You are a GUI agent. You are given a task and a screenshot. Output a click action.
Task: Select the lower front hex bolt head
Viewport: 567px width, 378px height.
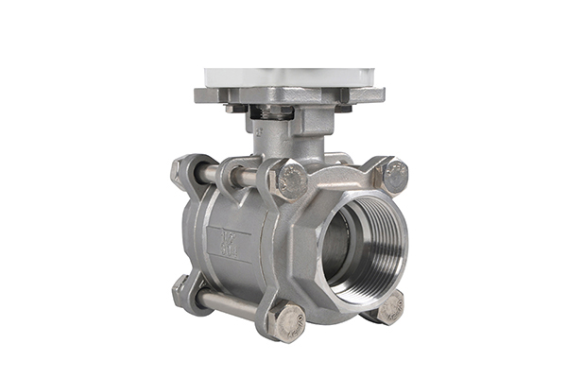(286, 322)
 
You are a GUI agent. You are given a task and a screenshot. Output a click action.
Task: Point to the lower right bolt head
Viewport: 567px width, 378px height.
(389, 307)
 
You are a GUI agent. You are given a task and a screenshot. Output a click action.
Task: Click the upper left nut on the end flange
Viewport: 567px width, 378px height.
(180, 170)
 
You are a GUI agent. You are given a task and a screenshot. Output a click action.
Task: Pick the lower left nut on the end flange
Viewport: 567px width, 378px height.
(180, 286)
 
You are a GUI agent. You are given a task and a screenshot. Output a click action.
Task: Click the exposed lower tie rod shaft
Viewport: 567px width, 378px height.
(227, 304)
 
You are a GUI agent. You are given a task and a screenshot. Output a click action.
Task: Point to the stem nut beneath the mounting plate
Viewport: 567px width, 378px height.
(273, 112)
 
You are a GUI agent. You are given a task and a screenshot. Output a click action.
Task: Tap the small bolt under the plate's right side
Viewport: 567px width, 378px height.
(342, 109)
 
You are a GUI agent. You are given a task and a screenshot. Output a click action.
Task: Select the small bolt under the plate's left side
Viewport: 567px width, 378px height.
(230, 109)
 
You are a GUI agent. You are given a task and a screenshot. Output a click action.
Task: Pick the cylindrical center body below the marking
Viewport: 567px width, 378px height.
(227, 279)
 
